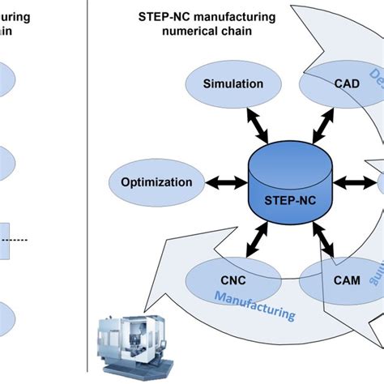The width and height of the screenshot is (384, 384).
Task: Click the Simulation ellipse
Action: [233, 83]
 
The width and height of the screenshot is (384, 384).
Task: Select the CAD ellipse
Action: [340, 83]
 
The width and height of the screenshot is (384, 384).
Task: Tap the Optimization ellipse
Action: [156, 182]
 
